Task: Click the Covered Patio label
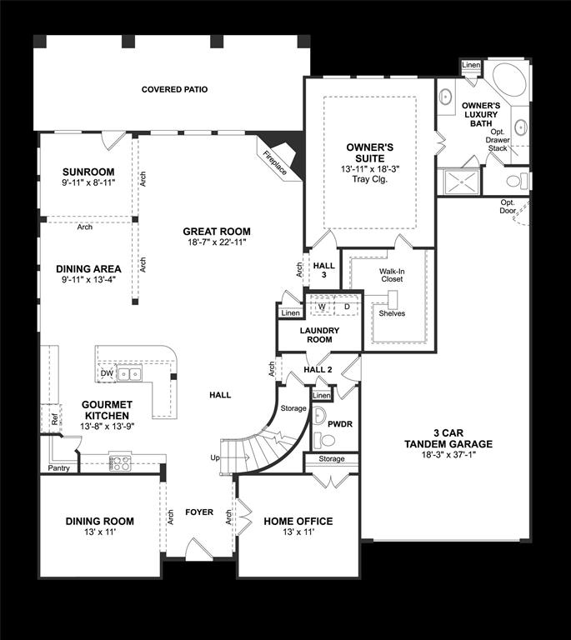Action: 174,89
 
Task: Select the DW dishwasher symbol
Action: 107,373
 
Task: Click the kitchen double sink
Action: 129,373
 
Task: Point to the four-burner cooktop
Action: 120,462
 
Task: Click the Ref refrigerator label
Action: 54,419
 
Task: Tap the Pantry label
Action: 59,468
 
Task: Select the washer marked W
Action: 323,307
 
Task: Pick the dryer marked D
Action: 347,307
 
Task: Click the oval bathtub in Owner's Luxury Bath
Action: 509,79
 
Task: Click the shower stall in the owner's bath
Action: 462,182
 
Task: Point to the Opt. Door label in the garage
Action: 508,207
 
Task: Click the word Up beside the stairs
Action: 215,457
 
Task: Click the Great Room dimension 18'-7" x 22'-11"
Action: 217,242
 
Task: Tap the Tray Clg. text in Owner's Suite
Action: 370,179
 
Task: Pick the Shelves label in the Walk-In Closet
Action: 392,313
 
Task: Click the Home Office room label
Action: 298,521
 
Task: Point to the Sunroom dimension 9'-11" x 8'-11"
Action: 88,182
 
